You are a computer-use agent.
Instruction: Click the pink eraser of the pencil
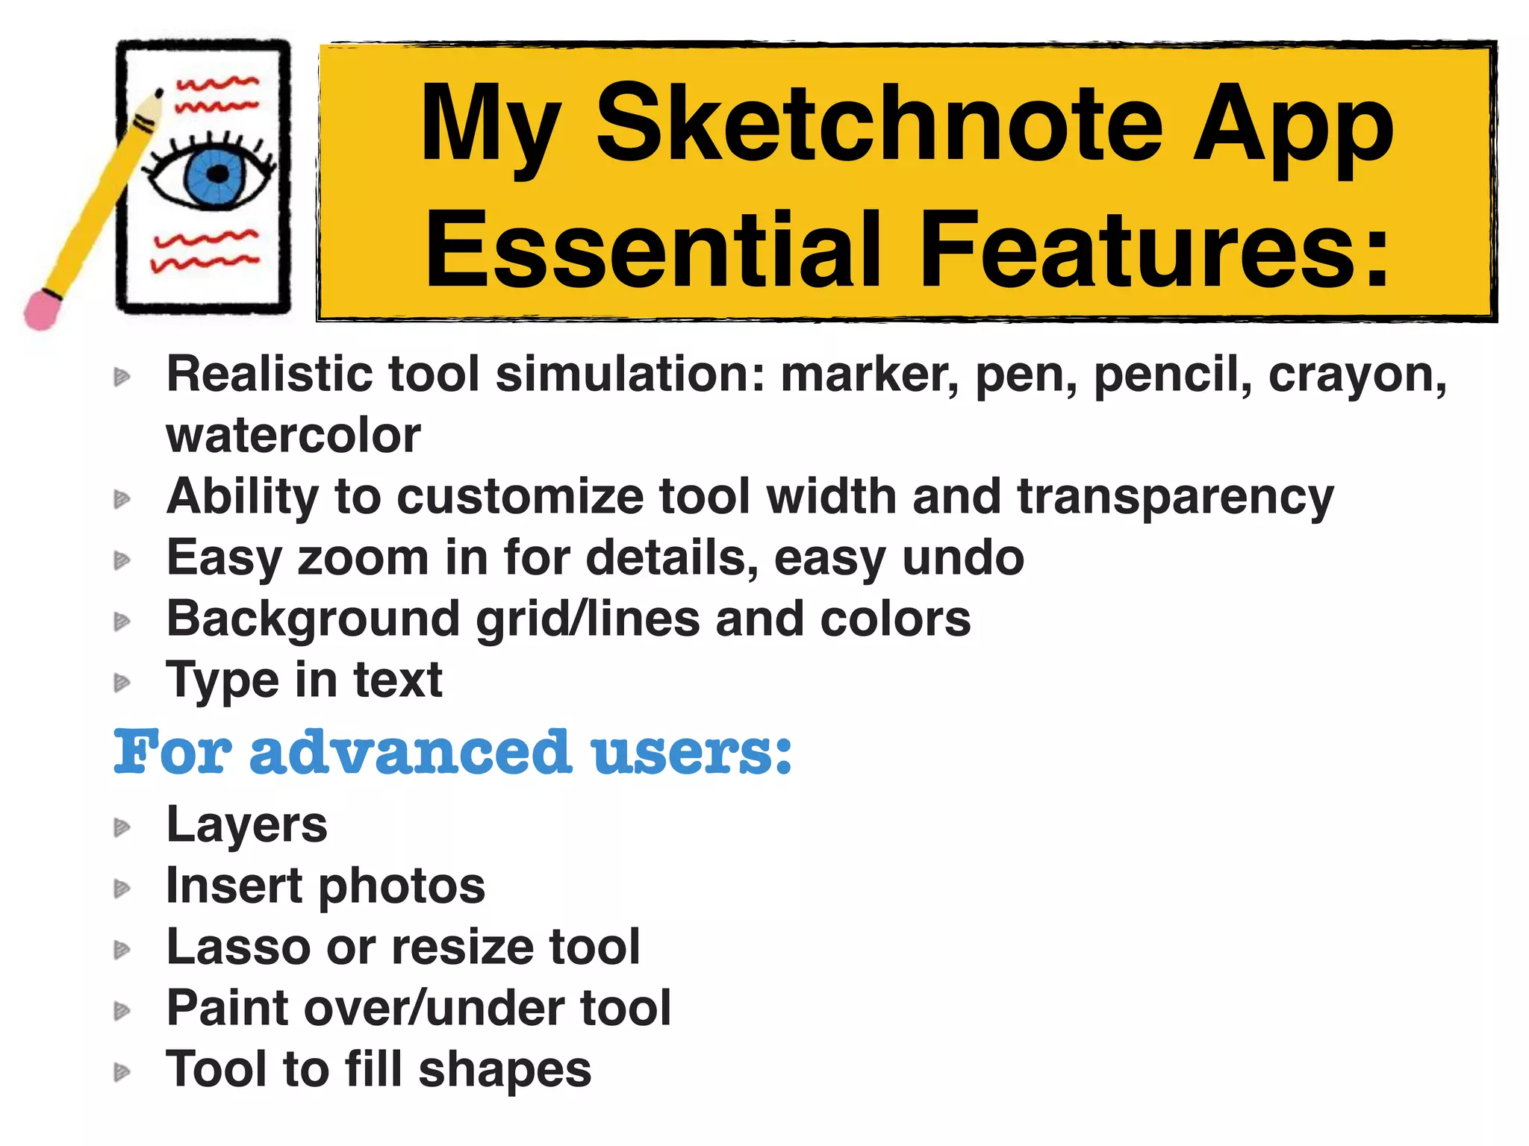[42, 309]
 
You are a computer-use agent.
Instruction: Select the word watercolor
[293, 436]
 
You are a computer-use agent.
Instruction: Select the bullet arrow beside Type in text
[122, 682]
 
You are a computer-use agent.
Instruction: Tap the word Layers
[246, 825]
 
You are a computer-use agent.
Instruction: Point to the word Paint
[227, 1009]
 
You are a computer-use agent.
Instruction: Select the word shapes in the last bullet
[505, 1070]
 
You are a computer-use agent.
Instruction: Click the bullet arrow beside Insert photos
[122, 889]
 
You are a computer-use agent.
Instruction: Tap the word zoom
[362, 558]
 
